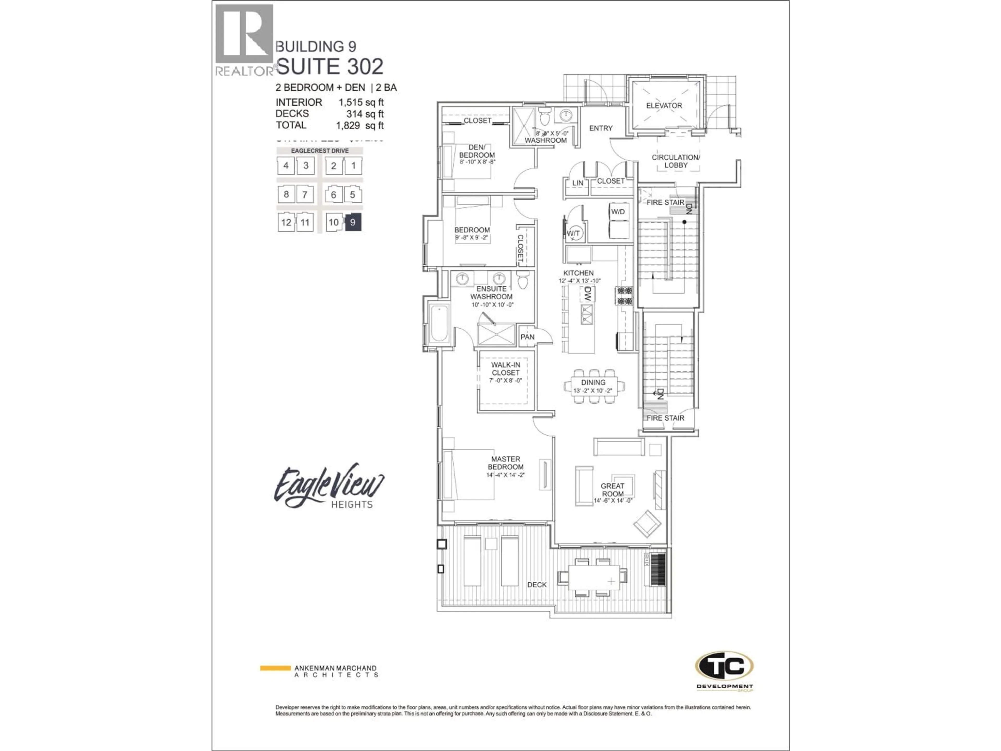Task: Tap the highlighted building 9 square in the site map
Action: [x=353, y=222]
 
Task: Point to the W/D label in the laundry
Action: [x=618, y=212]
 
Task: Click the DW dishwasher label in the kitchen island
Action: [x=587, y=295]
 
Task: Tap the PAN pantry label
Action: [x=527, y=337]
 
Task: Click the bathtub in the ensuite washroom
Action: [x=439, y=324]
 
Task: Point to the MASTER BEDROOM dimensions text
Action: [x=505, y=475]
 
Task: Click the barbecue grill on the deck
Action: [x=657, y=570]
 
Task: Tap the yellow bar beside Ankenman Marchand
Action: [x=275, y=668]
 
